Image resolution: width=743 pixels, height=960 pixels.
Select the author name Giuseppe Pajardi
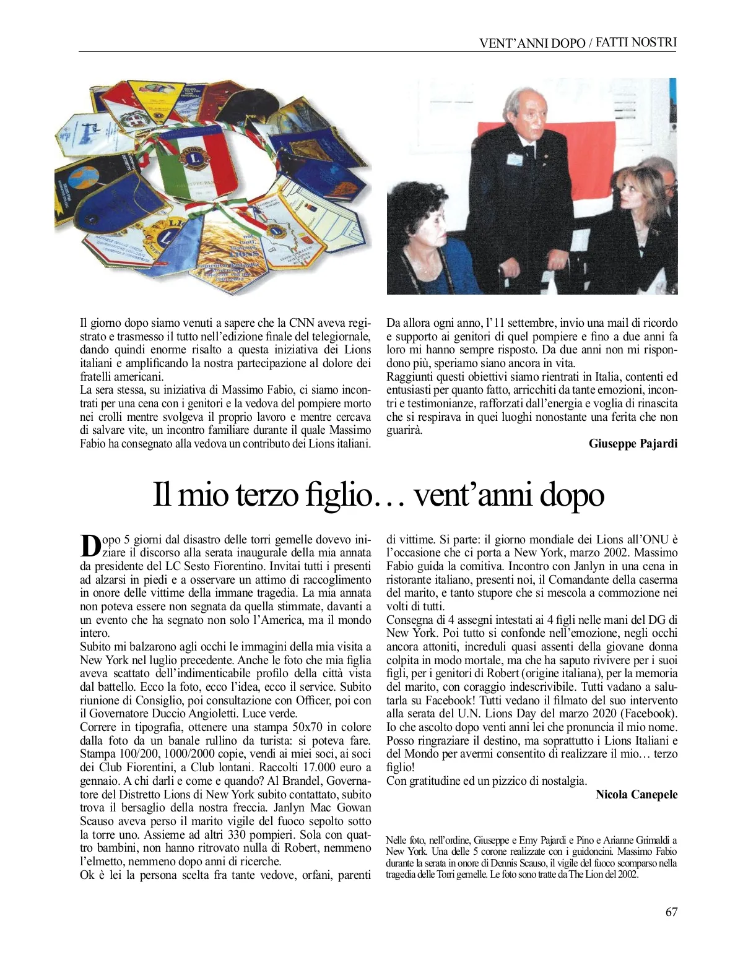(633, 443)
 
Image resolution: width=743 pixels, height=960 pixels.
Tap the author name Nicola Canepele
(636, 794)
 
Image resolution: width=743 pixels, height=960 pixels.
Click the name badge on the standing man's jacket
(515, 159)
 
